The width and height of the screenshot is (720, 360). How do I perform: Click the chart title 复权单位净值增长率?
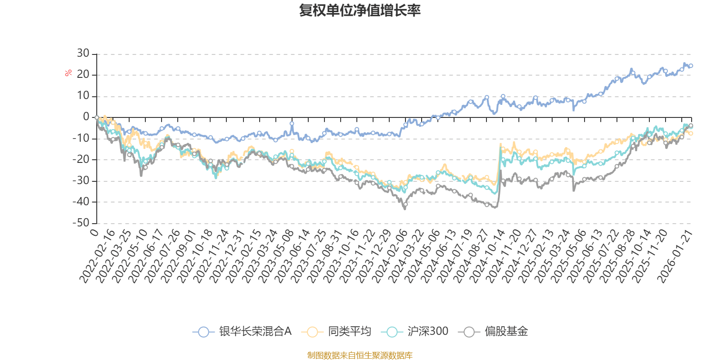point(360,10)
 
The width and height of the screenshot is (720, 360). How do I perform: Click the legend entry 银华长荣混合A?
point(243,332)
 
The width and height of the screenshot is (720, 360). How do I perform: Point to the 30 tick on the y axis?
point(83,54)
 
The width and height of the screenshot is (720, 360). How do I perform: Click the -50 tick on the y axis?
point(81,223)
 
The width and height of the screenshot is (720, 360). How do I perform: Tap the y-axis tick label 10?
point(83,96)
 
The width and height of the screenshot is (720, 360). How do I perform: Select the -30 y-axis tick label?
point(81,181)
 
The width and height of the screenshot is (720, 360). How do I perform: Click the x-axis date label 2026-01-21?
point(675,256)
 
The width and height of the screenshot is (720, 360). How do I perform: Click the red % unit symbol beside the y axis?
point(68,73)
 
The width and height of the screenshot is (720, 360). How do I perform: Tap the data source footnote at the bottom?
point(360,355)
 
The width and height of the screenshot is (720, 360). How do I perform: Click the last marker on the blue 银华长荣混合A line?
point(691,66)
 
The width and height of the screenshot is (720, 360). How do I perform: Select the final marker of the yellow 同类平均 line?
point(691,133)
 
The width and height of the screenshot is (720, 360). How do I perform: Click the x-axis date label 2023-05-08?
point(275,256)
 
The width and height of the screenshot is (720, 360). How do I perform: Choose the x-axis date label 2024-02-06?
point(389,256)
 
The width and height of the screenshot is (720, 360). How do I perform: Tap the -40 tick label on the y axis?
point(81,202)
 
